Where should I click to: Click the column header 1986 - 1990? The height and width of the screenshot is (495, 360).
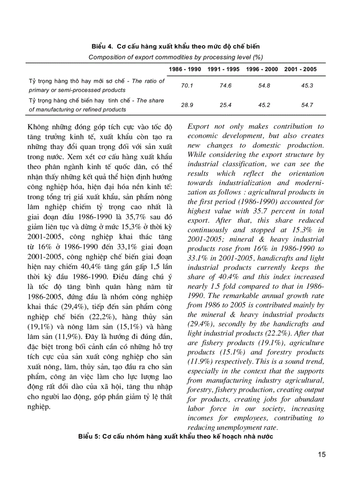tap(185, 69)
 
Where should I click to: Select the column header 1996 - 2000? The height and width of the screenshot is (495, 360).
tap(262, 69)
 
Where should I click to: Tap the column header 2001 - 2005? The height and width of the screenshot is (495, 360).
tap(300, 69)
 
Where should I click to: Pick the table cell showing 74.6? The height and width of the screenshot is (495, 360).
tap(225, 86)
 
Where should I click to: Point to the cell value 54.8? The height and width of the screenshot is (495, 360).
tap(264, 86)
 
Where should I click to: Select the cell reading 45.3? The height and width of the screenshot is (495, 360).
tap(307, 86)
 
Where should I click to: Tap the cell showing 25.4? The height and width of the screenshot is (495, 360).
tap(225, 105)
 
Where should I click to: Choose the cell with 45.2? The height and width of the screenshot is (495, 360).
tap(264, 105)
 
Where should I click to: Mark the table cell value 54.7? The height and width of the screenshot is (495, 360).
tap(307, 105)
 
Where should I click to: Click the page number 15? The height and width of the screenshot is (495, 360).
tap(322, 454)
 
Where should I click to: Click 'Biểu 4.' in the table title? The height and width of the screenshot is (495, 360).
tap(102, 46)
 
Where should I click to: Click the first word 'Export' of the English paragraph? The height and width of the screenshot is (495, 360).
tap(198, 127)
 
